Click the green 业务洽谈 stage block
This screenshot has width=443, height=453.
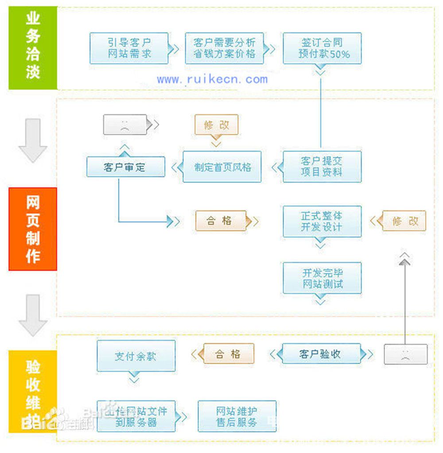tap(33, 48)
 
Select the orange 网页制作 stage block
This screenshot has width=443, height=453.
tap(33, 229)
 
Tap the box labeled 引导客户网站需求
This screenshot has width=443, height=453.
tap(129, 48)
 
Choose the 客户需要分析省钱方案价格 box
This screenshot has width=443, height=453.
tap(224, 48)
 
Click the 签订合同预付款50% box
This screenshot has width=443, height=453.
tap(322, 48)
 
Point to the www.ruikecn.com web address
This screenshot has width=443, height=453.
tap(212, 79)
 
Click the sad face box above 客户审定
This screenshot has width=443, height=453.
tap(125, 125)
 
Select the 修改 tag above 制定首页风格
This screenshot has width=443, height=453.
tap(216, 125)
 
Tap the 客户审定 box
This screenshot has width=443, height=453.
tap(125, 167)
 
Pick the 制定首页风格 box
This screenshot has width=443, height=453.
tap(222, 167)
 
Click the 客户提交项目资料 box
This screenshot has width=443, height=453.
tap(322, 166)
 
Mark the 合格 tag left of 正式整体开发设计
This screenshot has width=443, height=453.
tap(221, 221)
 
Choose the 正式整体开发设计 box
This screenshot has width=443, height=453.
tap(322, 221)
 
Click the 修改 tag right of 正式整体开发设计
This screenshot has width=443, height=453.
tap(404, 221)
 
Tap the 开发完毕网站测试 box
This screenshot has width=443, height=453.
tap(322, 278)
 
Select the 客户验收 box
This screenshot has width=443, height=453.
tap(320, 354)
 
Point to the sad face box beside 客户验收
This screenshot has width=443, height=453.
tap(405, 354)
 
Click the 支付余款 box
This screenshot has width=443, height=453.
tap(136, 356)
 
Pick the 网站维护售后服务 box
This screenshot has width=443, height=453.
tap(237, 416)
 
